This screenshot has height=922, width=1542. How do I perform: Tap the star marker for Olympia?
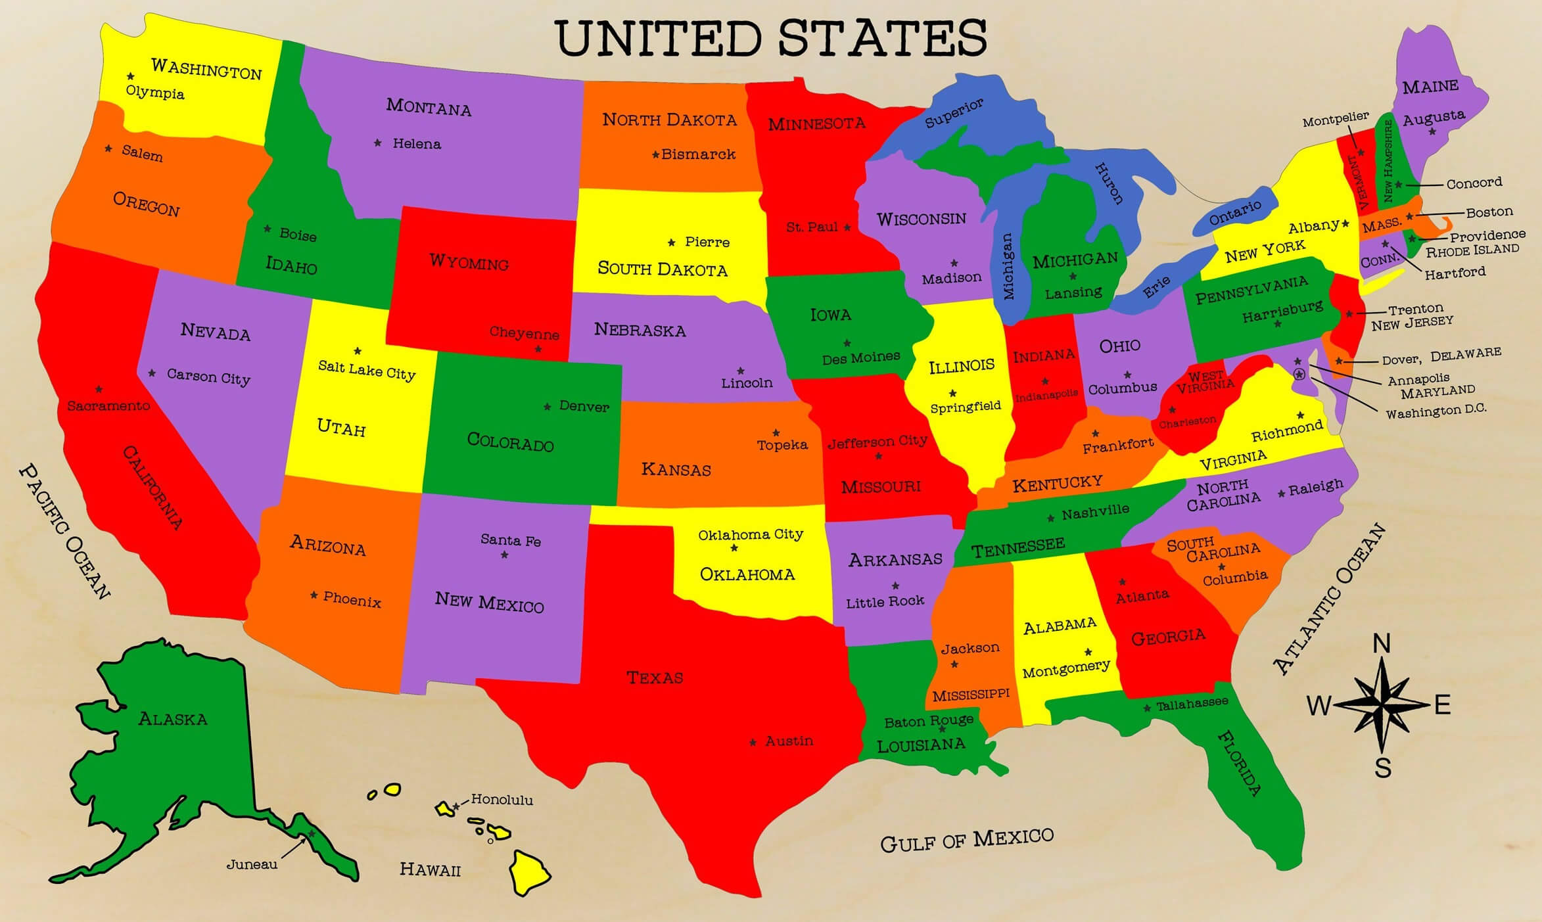tap(131, 76)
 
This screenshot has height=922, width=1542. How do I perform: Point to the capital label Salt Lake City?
tap(367, 369)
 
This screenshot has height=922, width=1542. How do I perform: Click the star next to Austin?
tap(753, 743)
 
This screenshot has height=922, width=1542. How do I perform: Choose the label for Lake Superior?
tap(954, 113)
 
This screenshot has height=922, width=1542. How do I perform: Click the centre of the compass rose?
tap(1383, 705)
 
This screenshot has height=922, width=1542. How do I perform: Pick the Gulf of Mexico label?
tap(966, 840)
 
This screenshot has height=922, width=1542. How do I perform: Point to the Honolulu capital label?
tap(502, 800)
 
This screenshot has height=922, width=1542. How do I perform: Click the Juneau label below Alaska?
tap(252, 864)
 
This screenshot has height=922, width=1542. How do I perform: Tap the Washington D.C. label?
tap(1436, 411)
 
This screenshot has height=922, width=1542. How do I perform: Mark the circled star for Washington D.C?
tap(1299, 374)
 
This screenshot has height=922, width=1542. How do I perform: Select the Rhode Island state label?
tap(1472, 250)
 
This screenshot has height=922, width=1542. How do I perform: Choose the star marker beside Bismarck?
tap(655, 155)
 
